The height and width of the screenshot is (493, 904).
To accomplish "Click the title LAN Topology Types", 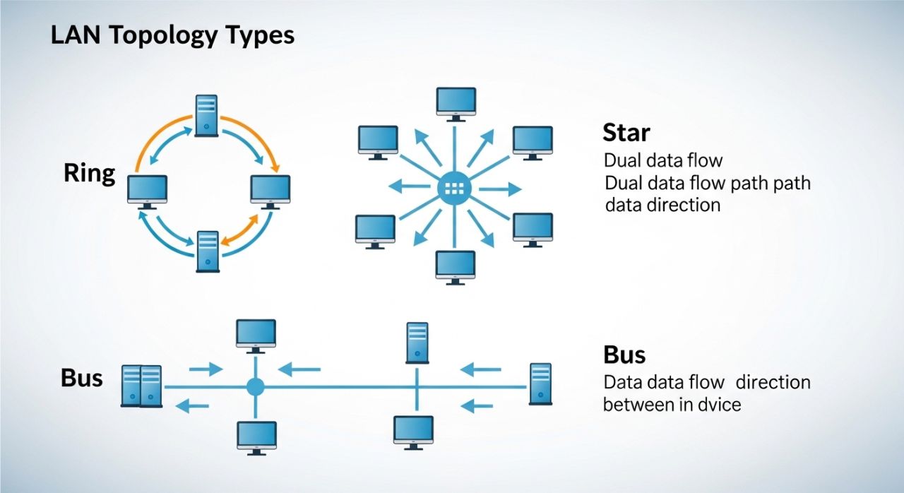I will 172,36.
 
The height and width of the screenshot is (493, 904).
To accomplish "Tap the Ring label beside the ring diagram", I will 89,173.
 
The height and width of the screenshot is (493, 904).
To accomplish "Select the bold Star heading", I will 626,132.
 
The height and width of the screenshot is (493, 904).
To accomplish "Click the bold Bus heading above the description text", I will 624,354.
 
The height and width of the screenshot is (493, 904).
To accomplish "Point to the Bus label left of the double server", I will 82,378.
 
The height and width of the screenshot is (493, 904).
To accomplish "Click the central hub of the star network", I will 453,188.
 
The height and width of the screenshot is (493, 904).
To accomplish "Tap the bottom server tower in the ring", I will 207,251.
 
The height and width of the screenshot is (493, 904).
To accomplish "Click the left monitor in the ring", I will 147,191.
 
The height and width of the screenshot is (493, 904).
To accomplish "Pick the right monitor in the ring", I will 270,191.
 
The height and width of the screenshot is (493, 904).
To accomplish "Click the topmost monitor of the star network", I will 456,103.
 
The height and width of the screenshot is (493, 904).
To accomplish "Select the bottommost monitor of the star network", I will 456,267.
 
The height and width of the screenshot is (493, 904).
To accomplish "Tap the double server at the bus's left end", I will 141,386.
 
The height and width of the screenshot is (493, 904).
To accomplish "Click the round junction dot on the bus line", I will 255,386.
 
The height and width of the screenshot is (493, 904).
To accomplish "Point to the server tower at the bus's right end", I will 540,384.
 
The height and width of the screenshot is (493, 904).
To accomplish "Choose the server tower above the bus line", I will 417,343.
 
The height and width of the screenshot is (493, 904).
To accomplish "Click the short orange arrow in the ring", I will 241,231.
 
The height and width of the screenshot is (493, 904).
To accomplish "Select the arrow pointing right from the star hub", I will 504,189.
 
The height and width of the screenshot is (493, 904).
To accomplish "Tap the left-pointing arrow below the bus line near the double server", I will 192,405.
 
